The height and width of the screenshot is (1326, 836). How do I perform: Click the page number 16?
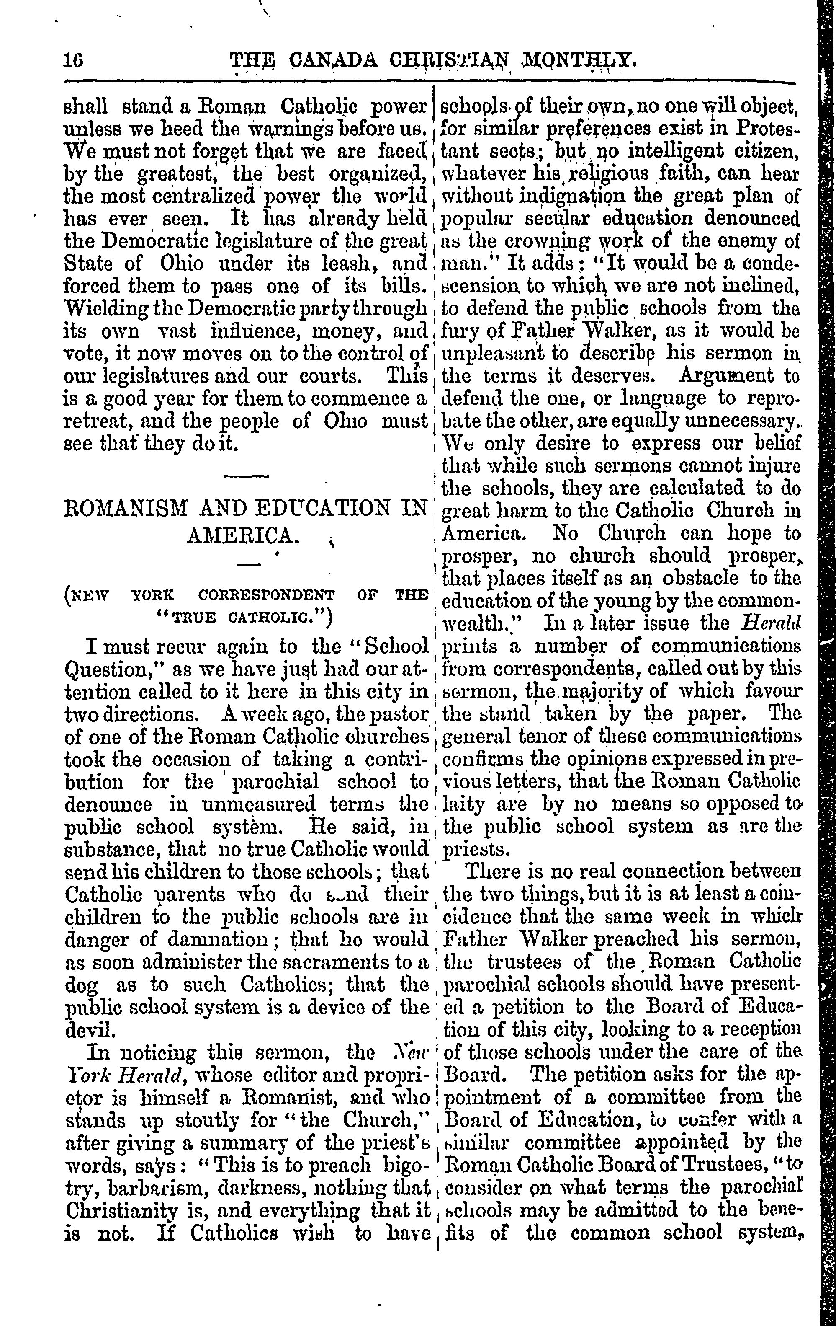(x=73, y=59)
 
